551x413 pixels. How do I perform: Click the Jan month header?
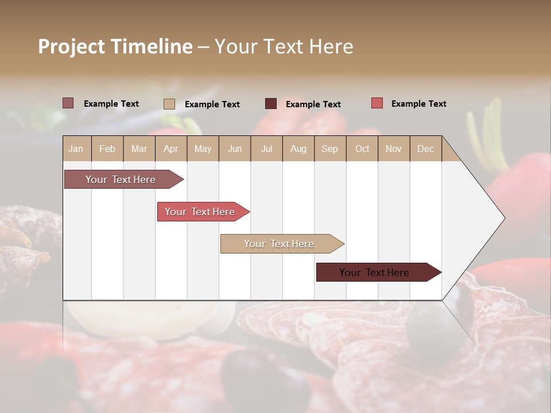coord(76,149)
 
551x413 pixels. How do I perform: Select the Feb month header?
coord(107,149)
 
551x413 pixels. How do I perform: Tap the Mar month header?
coord(139,149)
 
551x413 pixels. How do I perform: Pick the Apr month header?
coord(170,149)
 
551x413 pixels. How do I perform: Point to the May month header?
coord(203,149)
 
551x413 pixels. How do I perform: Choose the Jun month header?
coord(235,149)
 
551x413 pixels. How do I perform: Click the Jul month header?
coord(266,149)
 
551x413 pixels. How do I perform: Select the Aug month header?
coord(298,149)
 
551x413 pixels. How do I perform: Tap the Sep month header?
coord(329,149)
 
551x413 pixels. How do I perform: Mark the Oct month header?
coord(362,149)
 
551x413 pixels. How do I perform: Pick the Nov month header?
coord(393,149)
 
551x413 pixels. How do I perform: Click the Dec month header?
coord(425,149)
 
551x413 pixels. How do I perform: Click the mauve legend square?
coord(68,103)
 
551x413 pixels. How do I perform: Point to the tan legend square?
coord(169,104)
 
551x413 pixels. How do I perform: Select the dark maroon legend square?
coord(270,103)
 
